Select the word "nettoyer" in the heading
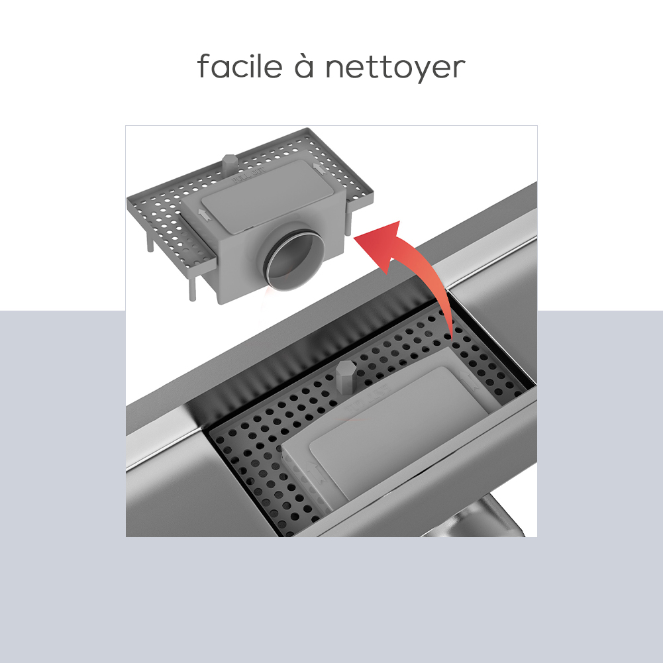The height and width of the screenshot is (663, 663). click(x=395, y=68)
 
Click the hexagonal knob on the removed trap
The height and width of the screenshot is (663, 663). click(x=229, y=163)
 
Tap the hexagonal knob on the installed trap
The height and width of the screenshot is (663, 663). click(x=346, y=376)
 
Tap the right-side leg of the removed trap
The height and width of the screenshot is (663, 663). click(x=348, y=222)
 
